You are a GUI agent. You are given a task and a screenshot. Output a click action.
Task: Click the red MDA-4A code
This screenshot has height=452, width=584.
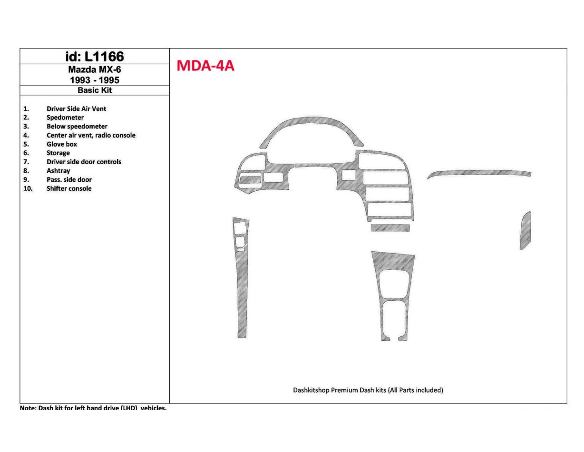pos(205,66)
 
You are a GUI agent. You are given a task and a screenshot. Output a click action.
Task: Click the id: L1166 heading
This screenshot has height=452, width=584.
pos(94,57)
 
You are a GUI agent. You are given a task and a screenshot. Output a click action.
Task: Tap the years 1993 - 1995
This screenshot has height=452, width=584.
pos(94,80)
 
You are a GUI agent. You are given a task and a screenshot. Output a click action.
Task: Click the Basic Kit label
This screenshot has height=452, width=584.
pos(95,90)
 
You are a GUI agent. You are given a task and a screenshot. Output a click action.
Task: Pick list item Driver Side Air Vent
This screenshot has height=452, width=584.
pos(76,109)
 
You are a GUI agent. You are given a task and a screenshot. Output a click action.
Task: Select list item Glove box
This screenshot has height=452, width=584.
pos(62,144)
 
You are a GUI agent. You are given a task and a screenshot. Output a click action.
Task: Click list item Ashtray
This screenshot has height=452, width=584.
pos(58,171)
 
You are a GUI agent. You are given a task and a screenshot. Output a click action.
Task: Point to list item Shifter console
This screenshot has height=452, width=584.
pos(69,189)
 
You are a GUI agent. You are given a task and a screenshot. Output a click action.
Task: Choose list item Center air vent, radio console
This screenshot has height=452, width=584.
pos(91,136)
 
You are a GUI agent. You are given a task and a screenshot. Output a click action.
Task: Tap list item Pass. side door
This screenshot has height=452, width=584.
pos(69,180)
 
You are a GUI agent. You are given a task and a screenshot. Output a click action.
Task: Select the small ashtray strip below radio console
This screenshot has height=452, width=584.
pos(390,228)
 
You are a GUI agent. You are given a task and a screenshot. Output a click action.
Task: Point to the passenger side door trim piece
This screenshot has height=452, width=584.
pos(525,231)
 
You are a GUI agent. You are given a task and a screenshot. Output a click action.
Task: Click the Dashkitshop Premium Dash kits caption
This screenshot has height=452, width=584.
pos(368,390)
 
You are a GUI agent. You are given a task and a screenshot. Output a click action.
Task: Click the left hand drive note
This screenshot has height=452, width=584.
pos(93,408)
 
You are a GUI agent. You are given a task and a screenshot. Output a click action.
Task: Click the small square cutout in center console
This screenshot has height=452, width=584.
pos(348,175)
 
